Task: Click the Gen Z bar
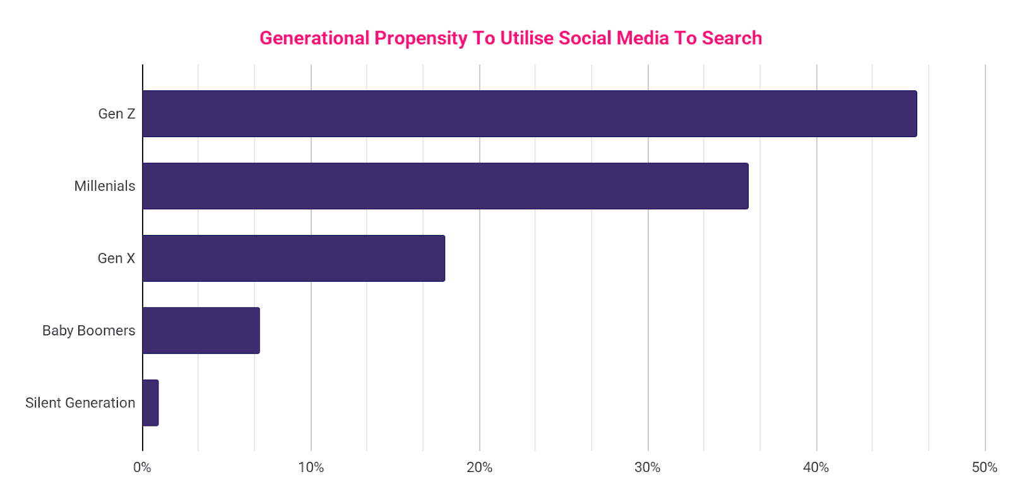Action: click(529, 114)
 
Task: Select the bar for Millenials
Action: click(445, 186)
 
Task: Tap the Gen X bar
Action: click(294, 258)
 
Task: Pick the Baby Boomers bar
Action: click(201, 330)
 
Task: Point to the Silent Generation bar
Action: click(150, 402)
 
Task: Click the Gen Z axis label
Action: click(117, 114)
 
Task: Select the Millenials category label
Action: click(105, 186)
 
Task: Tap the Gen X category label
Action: click(116, 258)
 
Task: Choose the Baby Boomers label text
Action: click(88, 330)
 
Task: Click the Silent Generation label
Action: click(80, 402)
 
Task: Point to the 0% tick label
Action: click(142, 468)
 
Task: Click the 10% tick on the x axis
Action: click(311, 468)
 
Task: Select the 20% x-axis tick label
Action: click(479, 468)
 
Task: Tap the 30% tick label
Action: click(648, 468)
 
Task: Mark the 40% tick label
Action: click(816, 468)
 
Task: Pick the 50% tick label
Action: click(984, 468)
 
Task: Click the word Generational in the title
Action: click(314, 38)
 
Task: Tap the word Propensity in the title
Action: click(421, 39)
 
